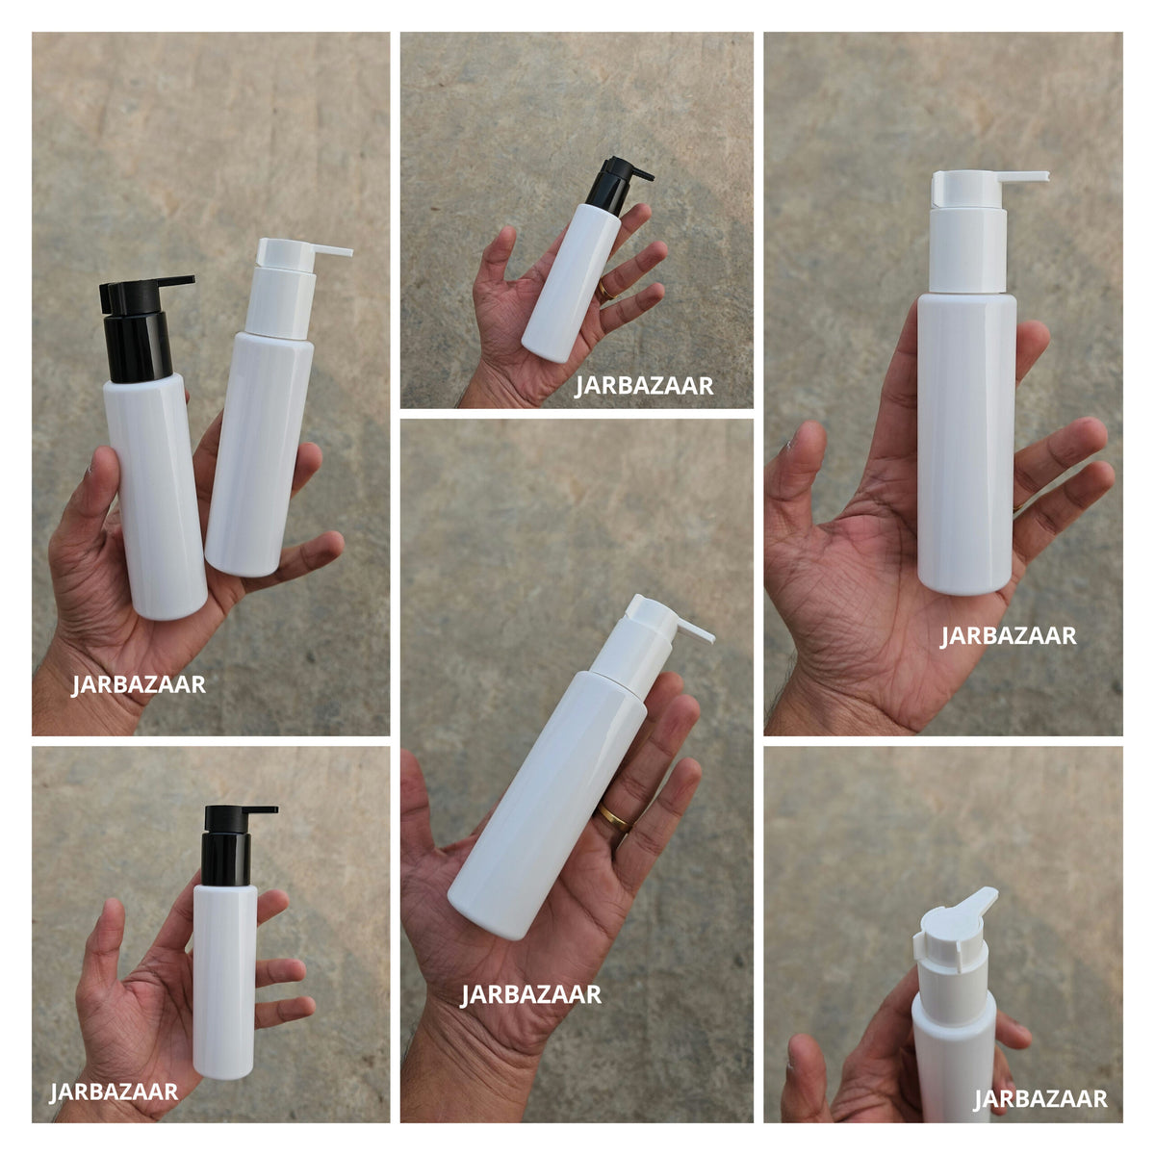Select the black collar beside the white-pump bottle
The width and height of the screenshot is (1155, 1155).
coord(138,347)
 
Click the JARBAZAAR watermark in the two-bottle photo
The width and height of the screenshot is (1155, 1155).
coord(139,684)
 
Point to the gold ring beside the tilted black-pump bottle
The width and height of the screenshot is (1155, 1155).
coord(606,291)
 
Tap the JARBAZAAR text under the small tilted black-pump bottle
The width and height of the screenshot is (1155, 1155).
coord(644,385)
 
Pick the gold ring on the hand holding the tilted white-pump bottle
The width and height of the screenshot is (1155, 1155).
coord(613,816)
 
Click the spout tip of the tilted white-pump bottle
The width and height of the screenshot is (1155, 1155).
coord(711,638)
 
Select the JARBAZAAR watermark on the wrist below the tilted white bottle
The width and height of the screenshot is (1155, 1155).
coord(530,994)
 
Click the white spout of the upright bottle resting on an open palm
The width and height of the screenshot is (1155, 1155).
coord(989,188)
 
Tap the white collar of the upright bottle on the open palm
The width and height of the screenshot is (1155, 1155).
coord(967,250)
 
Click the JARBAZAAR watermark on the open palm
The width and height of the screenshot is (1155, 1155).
coord(1008,635)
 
